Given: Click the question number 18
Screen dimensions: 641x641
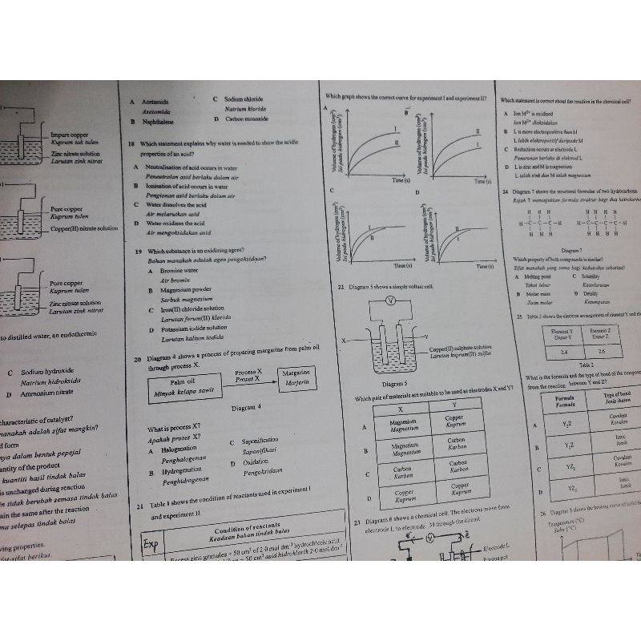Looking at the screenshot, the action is pyautogui.click(x=132, y=144).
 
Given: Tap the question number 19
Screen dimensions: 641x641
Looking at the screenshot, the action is pyautogui.click(x=139, y=251).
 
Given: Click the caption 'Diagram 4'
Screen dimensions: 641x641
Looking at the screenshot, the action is pyautogui.click(x=246, y=408).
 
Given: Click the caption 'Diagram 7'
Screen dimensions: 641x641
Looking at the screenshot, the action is pyautogui.click(x=571, y=251).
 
